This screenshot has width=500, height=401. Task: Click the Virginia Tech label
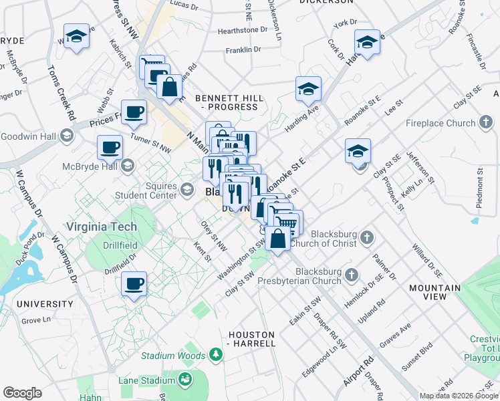point(101,225)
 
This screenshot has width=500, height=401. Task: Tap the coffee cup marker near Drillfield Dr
point(134,285)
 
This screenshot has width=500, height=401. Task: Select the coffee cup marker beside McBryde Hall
point(110,148)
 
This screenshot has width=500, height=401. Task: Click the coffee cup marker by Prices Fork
point(134,112)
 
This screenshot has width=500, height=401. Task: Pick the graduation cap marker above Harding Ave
point(308,89)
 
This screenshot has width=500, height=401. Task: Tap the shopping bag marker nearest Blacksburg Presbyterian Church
point(277,238)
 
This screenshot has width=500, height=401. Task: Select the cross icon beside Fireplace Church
point(486,123)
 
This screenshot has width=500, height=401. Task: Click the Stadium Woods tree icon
point(216,354)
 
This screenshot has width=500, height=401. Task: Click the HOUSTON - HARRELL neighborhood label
point(251,339)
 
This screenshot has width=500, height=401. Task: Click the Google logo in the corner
point(22,392)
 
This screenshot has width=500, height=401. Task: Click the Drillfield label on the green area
point(120,245)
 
